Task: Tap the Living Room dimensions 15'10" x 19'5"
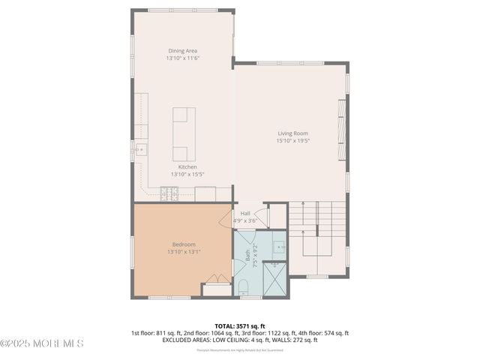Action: click(292, 140)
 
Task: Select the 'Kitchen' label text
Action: click(187, 166)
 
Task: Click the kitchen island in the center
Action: click(184, 134)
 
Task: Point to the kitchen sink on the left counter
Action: click(139, 150)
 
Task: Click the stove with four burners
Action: click(169, 194)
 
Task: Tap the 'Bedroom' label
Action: click(184, 244)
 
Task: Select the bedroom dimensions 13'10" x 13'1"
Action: click(184, 252)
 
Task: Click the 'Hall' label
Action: click(245, 213)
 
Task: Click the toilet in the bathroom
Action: click(243, 286)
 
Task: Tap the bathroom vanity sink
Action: click(278, 246)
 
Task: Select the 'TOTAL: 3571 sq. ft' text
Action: click(240, 325)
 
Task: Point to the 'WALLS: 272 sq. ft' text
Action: click(295, 340)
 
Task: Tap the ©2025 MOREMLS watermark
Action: click(42, 343)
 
